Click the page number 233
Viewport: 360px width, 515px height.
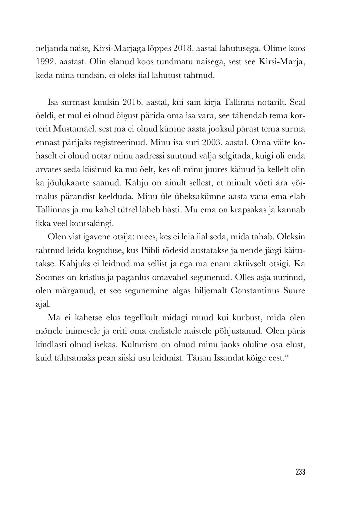tap(300, 472)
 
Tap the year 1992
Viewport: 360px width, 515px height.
tap(45, 62)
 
